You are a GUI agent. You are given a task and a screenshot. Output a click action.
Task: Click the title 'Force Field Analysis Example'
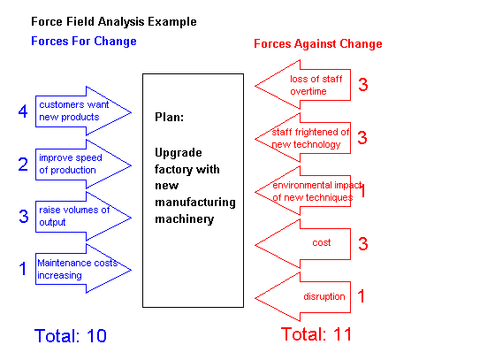click(x=114, y=22)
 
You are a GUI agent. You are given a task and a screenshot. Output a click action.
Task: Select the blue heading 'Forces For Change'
click(x=84, y=41)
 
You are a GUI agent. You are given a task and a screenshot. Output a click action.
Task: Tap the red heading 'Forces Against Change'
click(x=318, y=43)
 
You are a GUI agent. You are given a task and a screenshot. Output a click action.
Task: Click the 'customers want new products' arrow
click(x=83, y=111)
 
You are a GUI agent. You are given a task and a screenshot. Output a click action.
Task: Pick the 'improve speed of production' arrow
click(x=83, y=165)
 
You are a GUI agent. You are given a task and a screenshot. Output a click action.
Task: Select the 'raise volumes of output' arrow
click(x=83, y=217)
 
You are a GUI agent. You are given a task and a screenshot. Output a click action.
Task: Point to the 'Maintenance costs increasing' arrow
click(x=83, y=269)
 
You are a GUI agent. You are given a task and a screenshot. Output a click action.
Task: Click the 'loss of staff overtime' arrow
click(x=302, y=85)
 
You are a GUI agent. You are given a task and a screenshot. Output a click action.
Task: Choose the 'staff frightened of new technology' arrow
click(x=302, y=138)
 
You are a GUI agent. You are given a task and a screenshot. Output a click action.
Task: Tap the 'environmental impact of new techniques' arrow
click(x=302, y=191)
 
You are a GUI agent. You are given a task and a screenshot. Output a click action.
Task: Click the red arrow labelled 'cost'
click(x=302, y=244)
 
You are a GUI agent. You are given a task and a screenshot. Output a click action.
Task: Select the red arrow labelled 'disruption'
click(x=302, y=297)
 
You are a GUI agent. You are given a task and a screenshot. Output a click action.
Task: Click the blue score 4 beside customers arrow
click(x=23, y=111)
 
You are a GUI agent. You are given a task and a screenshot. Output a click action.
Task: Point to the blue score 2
click(x=23, y=165)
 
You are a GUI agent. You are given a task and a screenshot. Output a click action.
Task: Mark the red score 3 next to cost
click(x=363, y=244)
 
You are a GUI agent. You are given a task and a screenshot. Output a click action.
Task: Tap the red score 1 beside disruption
click(x=362, y=296)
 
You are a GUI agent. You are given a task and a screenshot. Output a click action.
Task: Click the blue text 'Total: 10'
click(x=71, y=335)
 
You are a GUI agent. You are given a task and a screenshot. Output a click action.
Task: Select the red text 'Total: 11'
click(x=316, y=333)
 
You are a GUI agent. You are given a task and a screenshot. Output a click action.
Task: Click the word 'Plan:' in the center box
click(x=169, y=117)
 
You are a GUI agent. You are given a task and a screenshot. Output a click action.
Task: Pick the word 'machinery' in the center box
click(x=185, y=219)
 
